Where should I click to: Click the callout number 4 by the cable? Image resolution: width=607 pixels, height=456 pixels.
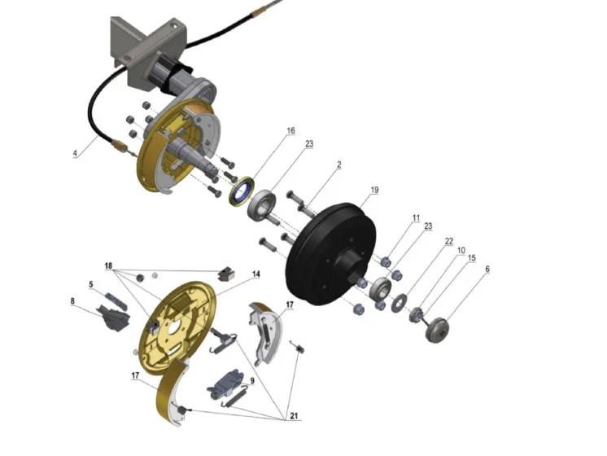[x=75, y=153]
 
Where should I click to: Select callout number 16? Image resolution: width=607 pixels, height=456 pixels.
[x=290, y=130]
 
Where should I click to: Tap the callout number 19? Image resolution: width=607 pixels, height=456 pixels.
[x=374, y=190]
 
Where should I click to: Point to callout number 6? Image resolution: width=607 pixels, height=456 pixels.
[x=487, y=269]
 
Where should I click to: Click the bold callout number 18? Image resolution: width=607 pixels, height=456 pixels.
[x=108, y=265]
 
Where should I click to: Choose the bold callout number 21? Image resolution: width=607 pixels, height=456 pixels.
[x=295, y=416]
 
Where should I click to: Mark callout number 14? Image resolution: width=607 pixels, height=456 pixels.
[x=255, y=274]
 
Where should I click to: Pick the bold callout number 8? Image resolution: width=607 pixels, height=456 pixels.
[x=72, y=301]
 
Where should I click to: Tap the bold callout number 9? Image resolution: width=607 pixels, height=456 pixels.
[x=252, y=381]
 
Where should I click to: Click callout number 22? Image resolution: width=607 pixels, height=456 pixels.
[x=448, y=241]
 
